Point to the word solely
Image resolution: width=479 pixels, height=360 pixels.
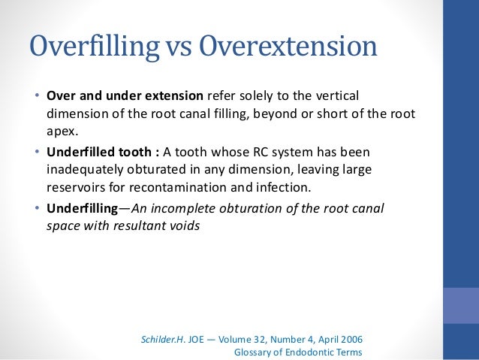(279, 97)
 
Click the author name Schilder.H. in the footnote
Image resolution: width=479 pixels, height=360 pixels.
(164, 339)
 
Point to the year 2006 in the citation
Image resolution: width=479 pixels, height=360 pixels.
(348, 339)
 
